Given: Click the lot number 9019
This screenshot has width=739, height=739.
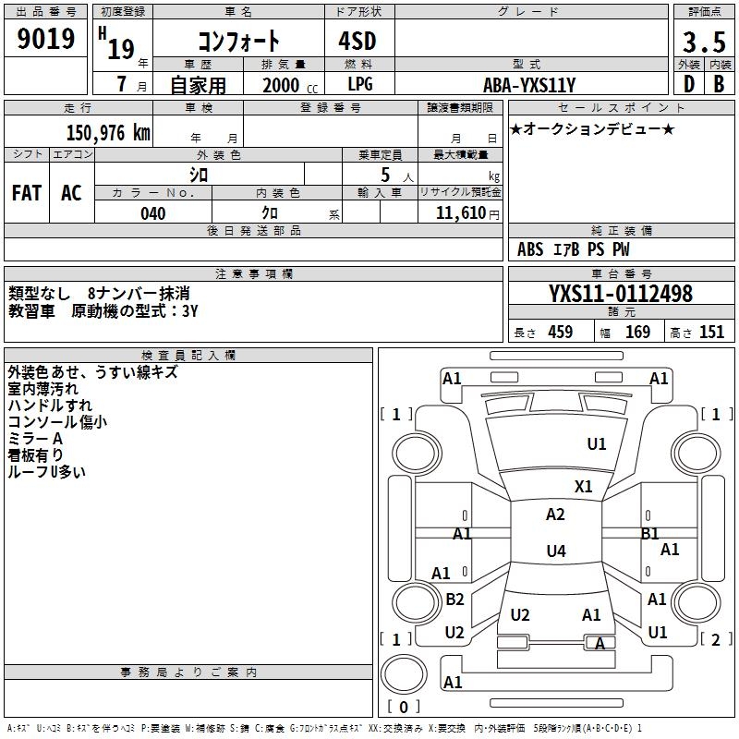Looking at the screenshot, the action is point(46,40).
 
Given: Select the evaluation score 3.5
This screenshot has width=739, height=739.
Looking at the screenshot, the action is point(703,42).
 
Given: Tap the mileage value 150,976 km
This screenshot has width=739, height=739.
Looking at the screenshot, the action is point(108,133).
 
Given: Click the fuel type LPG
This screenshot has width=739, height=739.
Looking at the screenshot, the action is point(360,85).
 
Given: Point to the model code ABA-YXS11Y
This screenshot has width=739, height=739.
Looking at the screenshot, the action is point(530,85).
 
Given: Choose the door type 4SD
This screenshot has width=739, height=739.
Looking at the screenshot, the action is point(360,42).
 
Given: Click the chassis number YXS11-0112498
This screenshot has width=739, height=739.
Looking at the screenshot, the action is point(621,294).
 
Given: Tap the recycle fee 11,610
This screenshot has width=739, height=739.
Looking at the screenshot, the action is point(467,213).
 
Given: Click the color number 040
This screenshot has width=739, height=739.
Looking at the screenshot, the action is point(153,213).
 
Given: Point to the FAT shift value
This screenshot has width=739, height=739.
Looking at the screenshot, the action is point(27,193).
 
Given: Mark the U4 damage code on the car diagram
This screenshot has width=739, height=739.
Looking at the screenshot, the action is point(555,551).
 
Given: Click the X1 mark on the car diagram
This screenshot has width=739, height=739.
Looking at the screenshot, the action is point(584,486).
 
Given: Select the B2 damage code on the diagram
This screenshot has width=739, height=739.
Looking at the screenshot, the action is point(454,600).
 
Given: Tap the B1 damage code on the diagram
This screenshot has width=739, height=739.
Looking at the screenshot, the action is point(649,533).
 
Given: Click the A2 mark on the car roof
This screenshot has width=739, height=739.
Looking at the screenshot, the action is point(555,515).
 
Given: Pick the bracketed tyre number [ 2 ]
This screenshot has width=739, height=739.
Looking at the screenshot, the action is point(711,639).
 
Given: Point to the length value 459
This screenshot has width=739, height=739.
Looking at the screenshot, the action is point(560,333).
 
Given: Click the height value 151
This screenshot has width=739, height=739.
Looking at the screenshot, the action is point(711,333).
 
